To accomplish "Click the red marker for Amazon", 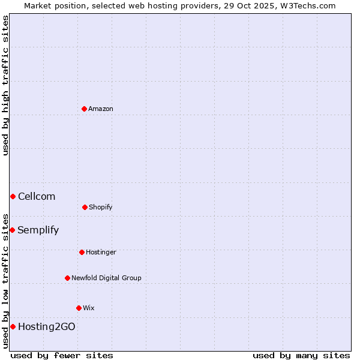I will [x=84, y=109].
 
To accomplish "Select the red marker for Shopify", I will [x=85, y=207].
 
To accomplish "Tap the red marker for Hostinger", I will [x=82, y=252].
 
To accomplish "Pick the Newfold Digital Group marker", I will [x=67, y=278].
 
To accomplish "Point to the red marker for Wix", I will [x=79, y=308].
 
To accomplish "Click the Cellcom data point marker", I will [x=13, y=196].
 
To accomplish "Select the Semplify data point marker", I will [x=12, y=230].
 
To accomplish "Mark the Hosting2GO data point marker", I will [x=13, y=326].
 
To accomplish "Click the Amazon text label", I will [x=101, y=109].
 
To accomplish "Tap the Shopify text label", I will [x=101, y=207].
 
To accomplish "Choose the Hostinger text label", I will [x=101, y=252].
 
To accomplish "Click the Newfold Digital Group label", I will [x=106, y=278].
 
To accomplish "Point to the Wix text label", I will [x=89, y=308].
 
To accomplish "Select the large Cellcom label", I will [x=37, y=196].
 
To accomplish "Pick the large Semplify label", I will [x=38, y=230].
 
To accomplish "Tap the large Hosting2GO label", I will [x=47, y=326].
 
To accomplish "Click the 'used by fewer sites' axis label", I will [x=62, y=355].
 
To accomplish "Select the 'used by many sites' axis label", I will [x=301, y=355].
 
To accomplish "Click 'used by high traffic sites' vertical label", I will [x=5, y=85].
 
